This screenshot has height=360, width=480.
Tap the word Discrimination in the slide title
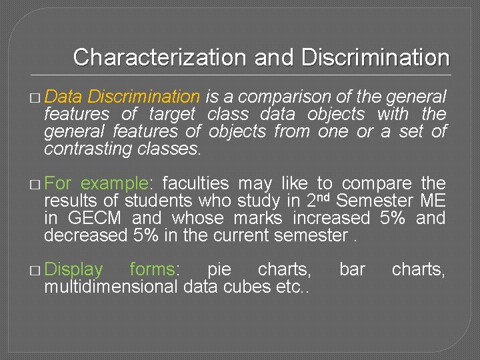375,57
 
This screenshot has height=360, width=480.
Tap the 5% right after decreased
146,235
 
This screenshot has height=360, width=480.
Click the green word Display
73,270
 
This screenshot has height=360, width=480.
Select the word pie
219,270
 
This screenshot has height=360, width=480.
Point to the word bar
351,270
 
